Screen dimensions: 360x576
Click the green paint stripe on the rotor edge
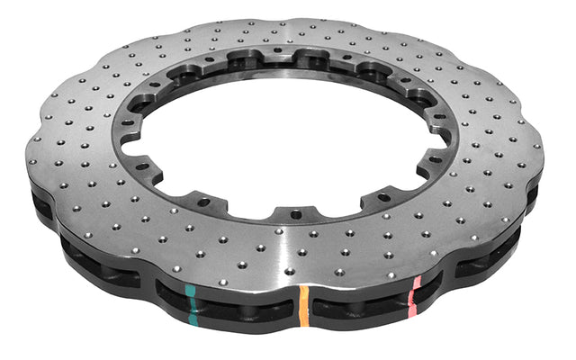(191, 301)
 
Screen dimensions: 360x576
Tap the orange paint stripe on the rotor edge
(303, 307)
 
